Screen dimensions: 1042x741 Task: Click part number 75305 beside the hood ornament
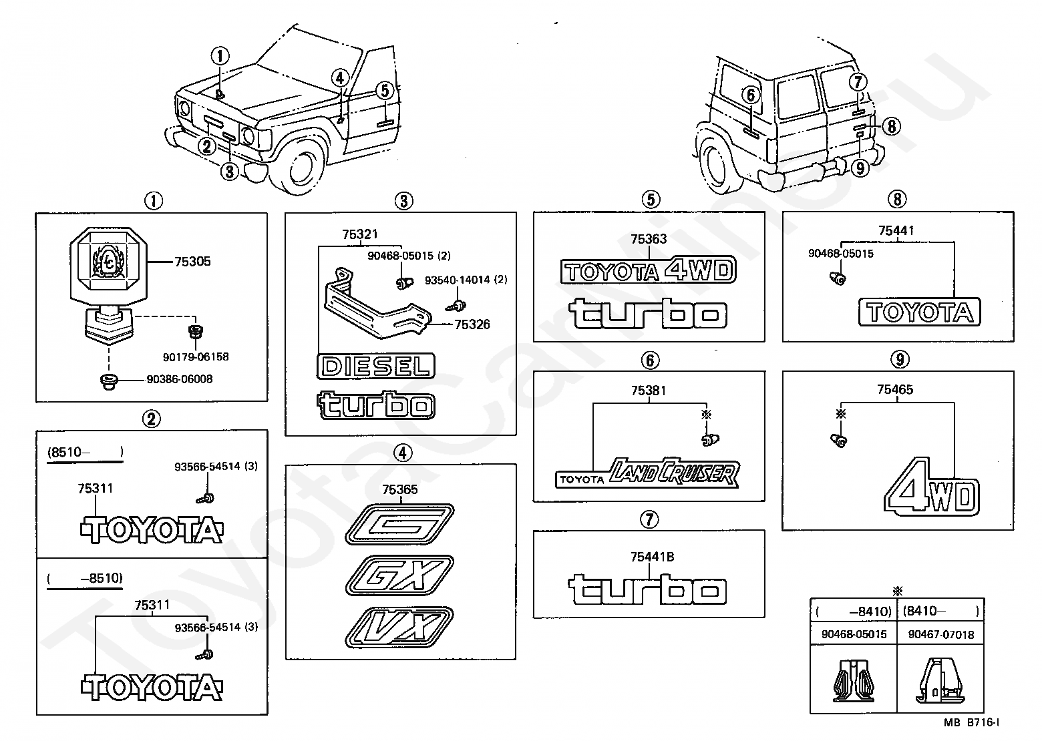(192, 262)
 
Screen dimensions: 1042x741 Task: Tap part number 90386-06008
(180, 379)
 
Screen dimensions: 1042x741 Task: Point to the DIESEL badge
(376, 366)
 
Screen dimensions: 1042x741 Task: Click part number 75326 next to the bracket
(472, 324)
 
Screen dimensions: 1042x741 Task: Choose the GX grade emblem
(399, 575)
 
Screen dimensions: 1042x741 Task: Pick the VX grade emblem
(399, 627)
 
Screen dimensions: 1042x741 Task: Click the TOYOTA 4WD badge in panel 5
(649, 270)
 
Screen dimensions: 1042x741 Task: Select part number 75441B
(652, 557)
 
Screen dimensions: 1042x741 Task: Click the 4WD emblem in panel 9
(932, 487)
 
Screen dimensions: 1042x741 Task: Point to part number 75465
(895, 390)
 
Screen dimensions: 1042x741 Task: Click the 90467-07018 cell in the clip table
(941, 635)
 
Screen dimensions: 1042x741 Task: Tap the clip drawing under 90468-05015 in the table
(853, 680)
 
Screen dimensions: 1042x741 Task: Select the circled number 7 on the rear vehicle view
(858, 82)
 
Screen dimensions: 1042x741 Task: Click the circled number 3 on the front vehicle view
(229, 172)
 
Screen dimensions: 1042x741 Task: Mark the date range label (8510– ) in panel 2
(85, 453)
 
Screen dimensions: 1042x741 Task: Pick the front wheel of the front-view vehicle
(302, 167)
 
